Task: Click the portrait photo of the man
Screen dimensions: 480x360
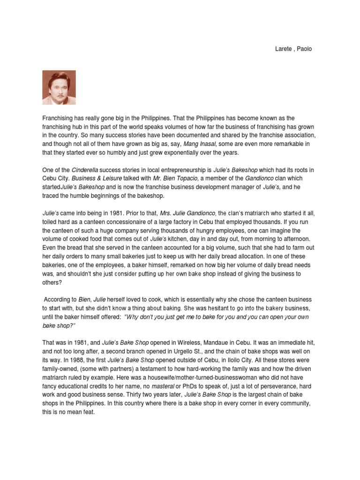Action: (59, 87)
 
